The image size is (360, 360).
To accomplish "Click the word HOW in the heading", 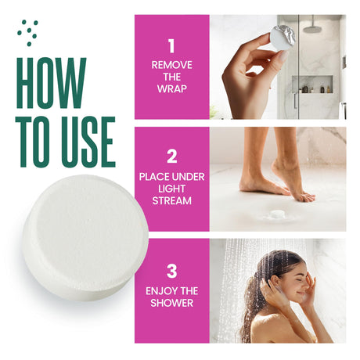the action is pos(51,83).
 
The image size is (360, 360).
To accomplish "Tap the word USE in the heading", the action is pos(88,142).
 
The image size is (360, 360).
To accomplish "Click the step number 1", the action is pos(171,46).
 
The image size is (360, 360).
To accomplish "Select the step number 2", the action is pos(172,157).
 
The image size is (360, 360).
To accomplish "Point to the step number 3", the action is pos(172,272).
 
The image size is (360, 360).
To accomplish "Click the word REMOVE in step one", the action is pos(172,65).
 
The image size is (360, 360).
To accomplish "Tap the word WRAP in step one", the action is pos(172,89).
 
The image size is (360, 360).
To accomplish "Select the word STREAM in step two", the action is pos(172,201).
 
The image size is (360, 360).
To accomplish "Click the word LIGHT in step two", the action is pos(172,189).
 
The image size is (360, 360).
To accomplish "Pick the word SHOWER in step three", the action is pos(172,303).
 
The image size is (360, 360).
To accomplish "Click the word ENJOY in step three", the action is pos(159,291).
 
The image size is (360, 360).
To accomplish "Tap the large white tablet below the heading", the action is pos(85,237).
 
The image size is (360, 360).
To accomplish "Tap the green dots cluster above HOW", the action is pos(28,33).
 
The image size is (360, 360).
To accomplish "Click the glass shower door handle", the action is pos(295,101).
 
